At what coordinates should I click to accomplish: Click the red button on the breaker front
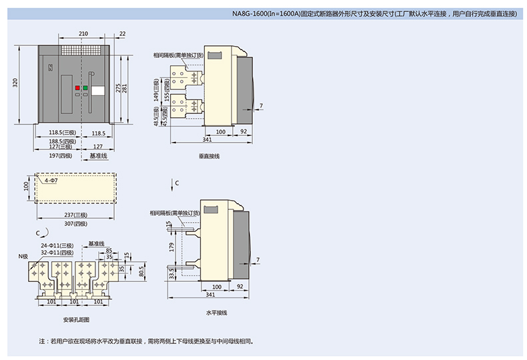point(77,87)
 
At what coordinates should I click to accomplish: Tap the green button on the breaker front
point(85,87)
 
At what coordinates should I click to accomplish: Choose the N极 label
point(23,255)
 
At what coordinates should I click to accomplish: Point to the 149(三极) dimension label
point(156,94)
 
